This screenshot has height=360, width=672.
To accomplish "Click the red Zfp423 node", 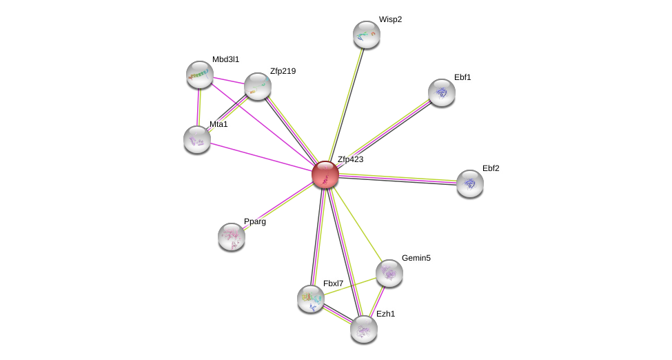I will (x=325, y=174).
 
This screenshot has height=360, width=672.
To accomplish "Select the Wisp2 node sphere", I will (x=366, y=34).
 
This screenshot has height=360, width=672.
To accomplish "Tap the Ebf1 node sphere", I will (x=441, y=92).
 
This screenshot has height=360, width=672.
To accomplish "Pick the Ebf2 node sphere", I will (x=469, y=183).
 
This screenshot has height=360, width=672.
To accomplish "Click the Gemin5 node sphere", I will (x=389, y=273).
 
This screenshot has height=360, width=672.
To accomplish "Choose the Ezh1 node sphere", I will (x=363, y=329).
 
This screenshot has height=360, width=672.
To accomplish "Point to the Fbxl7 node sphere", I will (x=310, y=299).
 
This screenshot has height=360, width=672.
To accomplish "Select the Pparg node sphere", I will (x=232, y=237).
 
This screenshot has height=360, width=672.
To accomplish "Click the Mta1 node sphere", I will (x=197, y=139).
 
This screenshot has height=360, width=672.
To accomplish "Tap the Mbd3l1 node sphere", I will (x=200, y=74).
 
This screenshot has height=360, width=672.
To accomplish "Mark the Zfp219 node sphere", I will (x=257, y=86).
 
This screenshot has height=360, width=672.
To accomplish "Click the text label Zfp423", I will (x=350, y=159).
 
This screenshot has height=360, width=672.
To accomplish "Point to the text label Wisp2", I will (x=390, y=19).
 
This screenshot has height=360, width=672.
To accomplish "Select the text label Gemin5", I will (x=416, y=258).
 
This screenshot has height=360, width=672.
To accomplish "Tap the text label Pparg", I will (x=254, y=221).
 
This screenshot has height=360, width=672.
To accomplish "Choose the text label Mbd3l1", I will (x=225, y=59).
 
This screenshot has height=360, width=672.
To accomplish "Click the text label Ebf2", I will (x=491, y=168).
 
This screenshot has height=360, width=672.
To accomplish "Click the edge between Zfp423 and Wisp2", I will (x=345, y=103).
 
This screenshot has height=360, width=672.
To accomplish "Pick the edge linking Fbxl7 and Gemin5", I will (x=349, y=286).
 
